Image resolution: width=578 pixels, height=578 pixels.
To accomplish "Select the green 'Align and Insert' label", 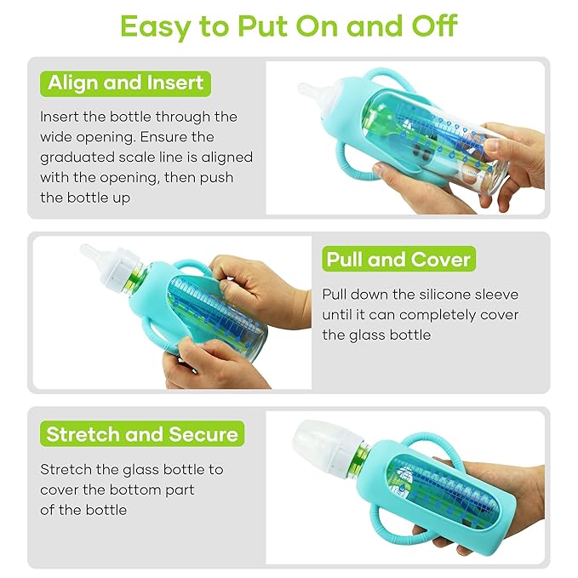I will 125,83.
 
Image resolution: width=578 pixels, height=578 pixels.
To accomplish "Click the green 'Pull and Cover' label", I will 398,260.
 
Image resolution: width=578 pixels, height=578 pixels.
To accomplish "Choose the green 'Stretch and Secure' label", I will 142,434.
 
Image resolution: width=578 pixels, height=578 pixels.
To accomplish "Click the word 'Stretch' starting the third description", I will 65,469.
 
